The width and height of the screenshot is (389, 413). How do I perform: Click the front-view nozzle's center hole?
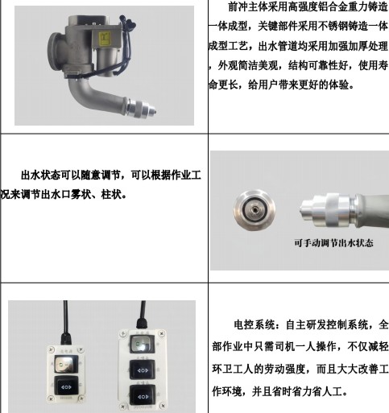pyautogui.click(x=252, y=207)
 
